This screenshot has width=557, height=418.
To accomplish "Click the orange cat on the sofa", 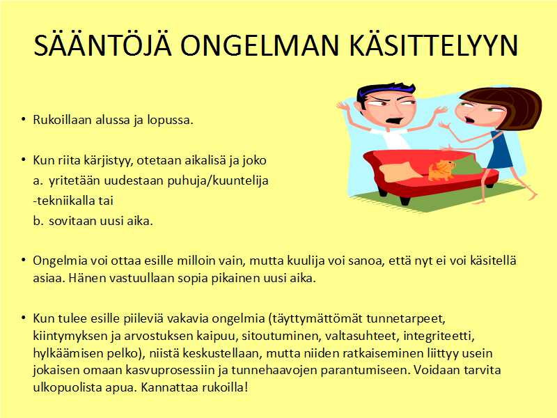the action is [441, 170].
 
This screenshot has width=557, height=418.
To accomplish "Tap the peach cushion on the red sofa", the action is [400, 171].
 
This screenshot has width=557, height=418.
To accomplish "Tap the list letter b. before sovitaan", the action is [38, 221].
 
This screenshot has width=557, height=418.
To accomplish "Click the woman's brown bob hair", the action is [508, 105].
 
